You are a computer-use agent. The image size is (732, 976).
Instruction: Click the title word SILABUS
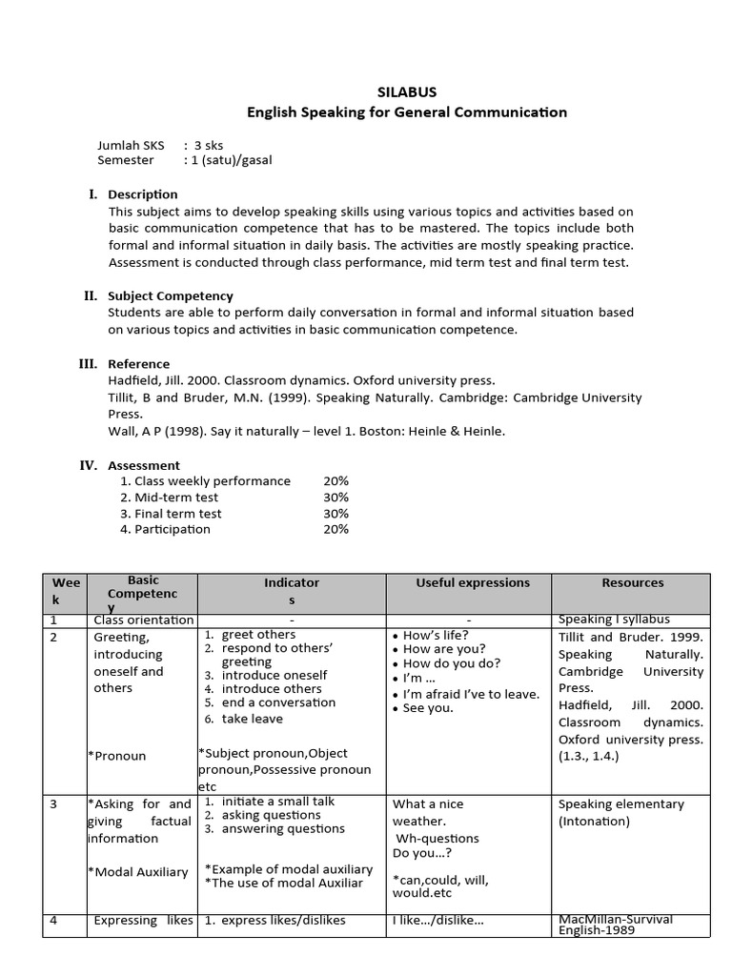(x=407, y=92)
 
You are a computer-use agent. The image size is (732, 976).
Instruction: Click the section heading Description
(x=143, y=194)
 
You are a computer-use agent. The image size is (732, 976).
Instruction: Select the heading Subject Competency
(x=171, y=296)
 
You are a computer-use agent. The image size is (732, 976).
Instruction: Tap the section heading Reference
(x=139, y=364)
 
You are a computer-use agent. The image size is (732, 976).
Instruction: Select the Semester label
(x=126, y=160)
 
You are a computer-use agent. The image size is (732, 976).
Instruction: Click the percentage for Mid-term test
(x=335, y=498)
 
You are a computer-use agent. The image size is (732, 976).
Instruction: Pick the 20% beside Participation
(x=335, y=529)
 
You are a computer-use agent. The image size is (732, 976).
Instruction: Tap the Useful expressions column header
(x=468, y=582)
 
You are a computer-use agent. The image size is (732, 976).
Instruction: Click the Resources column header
(x=632, y=582)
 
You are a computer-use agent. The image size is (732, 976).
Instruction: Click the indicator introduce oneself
(x=274, y=675)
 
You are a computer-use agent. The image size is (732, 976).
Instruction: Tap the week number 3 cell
(x=53, y=804)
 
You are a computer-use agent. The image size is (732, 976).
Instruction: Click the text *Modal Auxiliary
(x=137, y=872)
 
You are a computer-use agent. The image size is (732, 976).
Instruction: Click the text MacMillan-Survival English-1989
(x=615, y=925)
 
